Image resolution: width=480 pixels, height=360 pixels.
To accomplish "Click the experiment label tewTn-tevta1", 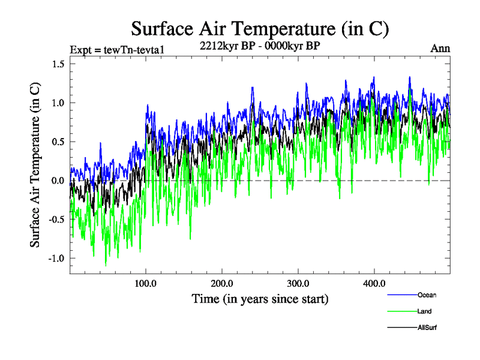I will tap(114, 49).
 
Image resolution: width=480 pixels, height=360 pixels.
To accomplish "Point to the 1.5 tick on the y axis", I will tap(58, 64).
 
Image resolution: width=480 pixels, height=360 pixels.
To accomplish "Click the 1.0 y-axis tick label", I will tap(58, 103).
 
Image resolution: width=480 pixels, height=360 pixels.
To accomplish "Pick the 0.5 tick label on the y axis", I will tap(58, 142).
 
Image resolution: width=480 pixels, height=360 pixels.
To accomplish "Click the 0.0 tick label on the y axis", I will tap(58, 181).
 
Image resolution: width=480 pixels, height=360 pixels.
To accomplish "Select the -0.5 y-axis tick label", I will tap(56, 220).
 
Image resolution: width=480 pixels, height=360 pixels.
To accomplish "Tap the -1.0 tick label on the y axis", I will tap(56, 259).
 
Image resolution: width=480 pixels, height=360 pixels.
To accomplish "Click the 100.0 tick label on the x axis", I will tap(146, 283).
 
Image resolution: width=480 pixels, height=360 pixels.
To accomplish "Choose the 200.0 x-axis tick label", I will tap(222, 283).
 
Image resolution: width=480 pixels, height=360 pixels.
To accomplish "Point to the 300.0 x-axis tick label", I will tap(298, 283).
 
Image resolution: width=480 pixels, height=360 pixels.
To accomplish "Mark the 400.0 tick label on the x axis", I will tap(374, 283).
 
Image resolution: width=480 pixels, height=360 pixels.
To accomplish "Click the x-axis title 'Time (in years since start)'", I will tap(260, 298).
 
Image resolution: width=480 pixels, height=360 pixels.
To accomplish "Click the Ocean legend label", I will tap(427, 295).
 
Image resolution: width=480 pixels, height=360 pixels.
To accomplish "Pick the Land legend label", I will tap(425, 311).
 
